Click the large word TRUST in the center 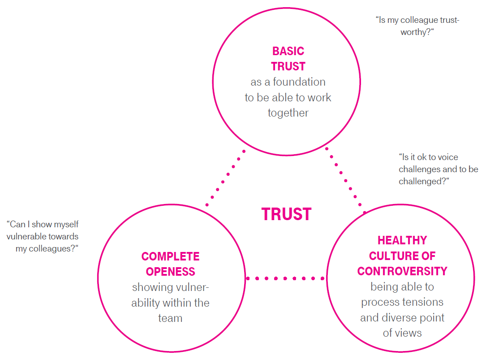point(286,214)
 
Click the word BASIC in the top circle point(288,51)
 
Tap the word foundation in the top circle point(299,82)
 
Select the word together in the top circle point(288,113)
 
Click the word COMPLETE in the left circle point(170,256)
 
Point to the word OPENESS point(170,272)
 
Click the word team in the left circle point(170,318)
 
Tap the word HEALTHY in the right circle point(402,240)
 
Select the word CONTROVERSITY point(402,271)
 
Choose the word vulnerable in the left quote point(26,236)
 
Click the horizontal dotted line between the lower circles point(286,278)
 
